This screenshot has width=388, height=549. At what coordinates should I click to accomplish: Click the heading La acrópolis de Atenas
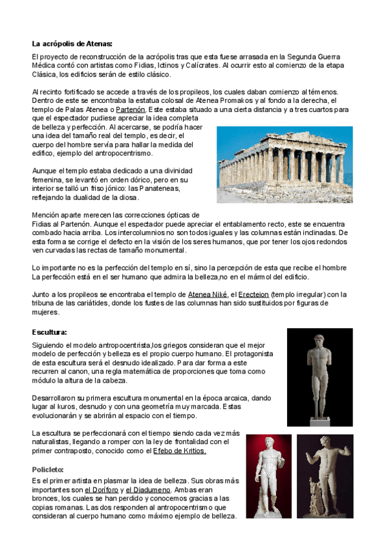(x=72, y=44)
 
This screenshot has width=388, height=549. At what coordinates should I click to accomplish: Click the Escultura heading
(x=49, y=332)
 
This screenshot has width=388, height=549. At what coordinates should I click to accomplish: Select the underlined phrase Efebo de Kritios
(x=180, y=451)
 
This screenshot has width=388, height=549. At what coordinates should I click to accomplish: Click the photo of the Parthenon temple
(x=281, y=164)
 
